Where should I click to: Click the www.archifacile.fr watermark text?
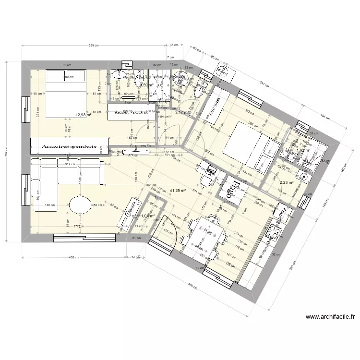330,316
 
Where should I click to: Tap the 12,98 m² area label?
84,115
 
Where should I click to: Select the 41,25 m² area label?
178,190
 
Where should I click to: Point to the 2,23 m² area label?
286,182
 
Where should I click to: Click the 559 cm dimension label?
94,46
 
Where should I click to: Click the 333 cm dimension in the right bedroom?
249,111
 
